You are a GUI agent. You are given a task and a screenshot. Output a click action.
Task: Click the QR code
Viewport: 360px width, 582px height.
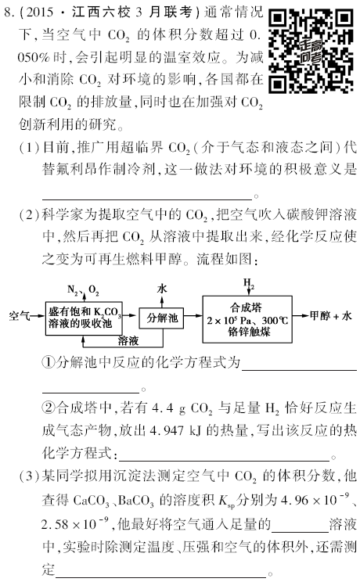click(x=311, y=51)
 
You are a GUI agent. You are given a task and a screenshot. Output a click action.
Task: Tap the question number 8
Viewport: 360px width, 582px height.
click(x=7, y=13)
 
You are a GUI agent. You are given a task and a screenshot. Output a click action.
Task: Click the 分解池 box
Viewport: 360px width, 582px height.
click(x=162, y=318)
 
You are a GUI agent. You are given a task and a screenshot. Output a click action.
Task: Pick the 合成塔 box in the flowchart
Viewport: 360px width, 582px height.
click(x=247, y=319)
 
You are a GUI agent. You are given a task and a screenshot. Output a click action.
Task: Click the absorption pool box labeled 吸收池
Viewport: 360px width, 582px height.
click(x=84, y=318)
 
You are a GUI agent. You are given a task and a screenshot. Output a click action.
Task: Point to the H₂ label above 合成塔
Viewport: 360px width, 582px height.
click(x=249, y=284)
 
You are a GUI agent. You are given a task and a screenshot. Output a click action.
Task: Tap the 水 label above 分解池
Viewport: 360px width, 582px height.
click(x=162, y=289)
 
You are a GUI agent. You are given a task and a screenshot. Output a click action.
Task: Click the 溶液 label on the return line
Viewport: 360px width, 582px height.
click(x=128, y=340)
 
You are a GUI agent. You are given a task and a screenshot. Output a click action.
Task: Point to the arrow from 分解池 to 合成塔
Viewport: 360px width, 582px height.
click(x=193, y=316)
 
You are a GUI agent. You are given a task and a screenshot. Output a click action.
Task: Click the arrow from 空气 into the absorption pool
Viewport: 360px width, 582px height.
click(x=38, y=316)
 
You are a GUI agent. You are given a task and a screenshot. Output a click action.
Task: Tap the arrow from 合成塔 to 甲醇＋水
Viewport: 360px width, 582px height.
click(x=301, y=316)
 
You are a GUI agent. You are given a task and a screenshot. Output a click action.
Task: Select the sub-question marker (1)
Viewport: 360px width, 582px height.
click(x=29, y=148)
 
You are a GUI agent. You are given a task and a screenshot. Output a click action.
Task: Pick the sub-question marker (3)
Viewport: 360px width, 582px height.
click(x=29, y=476)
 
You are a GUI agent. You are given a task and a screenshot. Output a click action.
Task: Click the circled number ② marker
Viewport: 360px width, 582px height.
click(x=49, y=408)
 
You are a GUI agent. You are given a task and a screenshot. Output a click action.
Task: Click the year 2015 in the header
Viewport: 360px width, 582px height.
click(x=41, y=13)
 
